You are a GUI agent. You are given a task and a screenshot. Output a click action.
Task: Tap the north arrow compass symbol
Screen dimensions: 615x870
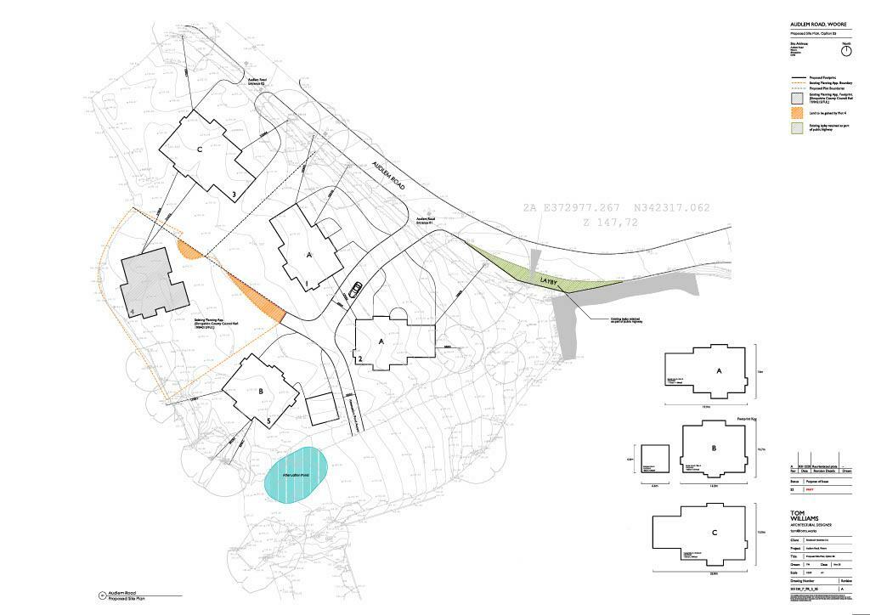(x=845, y=51)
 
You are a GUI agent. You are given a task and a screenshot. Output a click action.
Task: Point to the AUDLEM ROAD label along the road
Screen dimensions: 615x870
(x=387, y=177)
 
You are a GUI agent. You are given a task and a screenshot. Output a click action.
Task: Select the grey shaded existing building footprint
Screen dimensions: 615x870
(x=154, y=285)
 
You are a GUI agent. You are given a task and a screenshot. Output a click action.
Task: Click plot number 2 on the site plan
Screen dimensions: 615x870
(x=361, y=359)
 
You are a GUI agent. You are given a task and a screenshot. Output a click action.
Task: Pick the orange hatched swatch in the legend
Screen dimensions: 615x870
(x=796, y=112)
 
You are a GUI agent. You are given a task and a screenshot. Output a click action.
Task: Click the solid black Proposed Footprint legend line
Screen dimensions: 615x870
(x=796, y=77)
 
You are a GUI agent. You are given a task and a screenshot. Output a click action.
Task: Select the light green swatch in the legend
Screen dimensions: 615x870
(x=796, y=128)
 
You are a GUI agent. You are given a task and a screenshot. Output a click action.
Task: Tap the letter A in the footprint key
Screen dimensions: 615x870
(x=719, y=371)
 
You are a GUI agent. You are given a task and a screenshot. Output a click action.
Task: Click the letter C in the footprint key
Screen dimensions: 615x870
(x=715, y=533)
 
